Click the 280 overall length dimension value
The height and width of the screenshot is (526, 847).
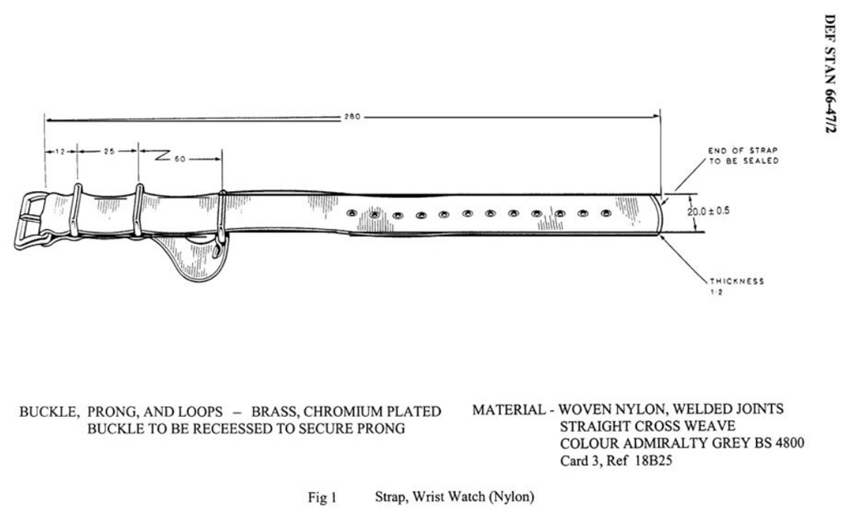(x=352, y=117)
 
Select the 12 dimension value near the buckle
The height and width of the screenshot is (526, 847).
(x=60, y=152)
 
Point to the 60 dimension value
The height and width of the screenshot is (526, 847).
(x=179, y=157)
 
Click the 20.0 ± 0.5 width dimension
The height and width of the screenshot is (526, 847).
(x=708, y=211)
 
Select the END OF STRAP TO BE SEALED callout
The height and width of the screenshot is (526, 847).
(x=743, y=155)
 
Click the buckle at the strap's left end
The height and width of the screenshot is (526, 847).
(x=31, y=220)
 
